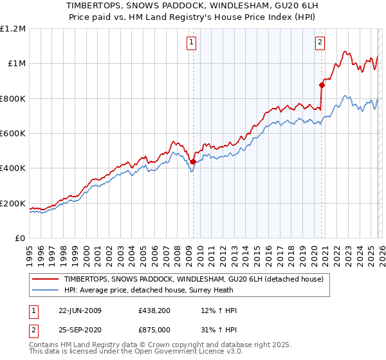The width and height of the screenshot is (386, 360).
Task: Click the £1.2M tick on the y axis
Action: click(14, 28)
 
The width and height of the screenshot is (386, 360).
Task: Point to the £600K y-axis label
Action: click(14, 134)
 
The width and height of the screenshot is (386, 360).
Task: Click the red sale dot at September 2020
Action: click(321, 85)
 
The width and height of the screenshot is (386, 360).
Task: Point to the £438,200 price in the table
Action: click(154, 310)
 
